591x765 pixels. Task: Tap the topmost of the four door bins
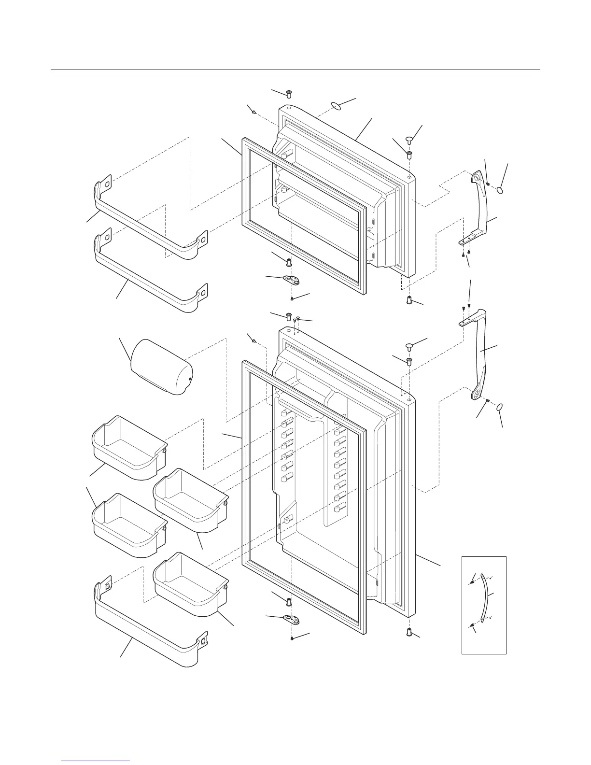128,447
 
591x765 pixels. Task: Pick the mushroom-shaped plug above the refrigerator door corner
409,345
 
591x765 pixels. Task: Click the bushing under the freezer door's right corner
409,300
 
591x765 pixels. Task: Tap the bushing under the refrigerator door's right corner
409,631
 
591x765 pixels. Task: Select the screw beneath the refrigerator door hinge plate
293,638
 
